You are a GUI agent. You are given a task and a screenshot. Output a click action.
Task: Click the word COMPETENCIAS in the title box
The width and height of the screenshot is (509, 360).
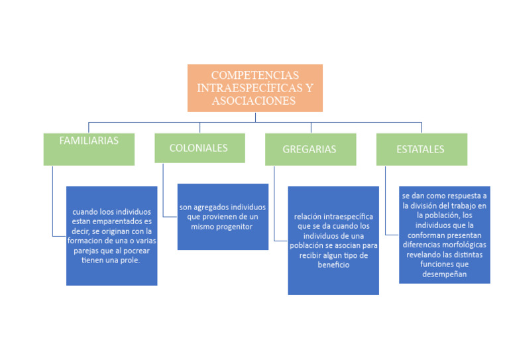pyautogui.click(x=255, y=75)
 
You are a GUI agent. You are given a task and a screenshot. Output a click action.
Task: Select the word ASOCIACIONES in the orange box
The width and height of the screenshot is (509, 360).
pyautogui.click(x=254, y=101)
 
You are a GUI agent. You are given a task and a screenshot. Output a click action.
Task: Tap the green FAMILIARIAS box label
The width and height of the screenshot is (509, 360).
pyautogui.click(x=89, y=141)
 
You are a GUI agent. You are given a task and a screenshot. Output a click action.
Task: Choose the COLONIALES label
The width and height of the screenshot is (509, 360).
pyautogui.click(x=199, y=148)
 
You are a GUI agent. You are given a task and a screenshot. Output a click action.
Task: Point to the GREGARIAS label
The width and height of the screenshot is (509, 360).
pyautogui.click(x=310, y=149)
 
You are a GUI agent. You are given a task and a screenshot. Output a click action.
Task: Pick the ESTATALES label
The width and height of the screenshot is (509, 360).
pyautogui.click(x=420, y=149)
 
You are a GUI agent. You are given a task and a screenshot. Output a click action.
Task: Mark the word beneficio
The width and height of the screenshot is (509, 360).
pyautogui.click(x=333, y=265)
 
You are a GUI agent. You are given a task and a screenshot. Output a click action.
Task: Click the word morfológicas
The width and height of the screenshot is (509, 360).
pyautogui.click(x=459, y=244)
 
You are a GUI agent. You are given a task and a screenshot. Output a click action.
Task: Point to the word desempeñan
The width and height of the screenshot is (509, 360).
pyautogui.click(x=444, y=274)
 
